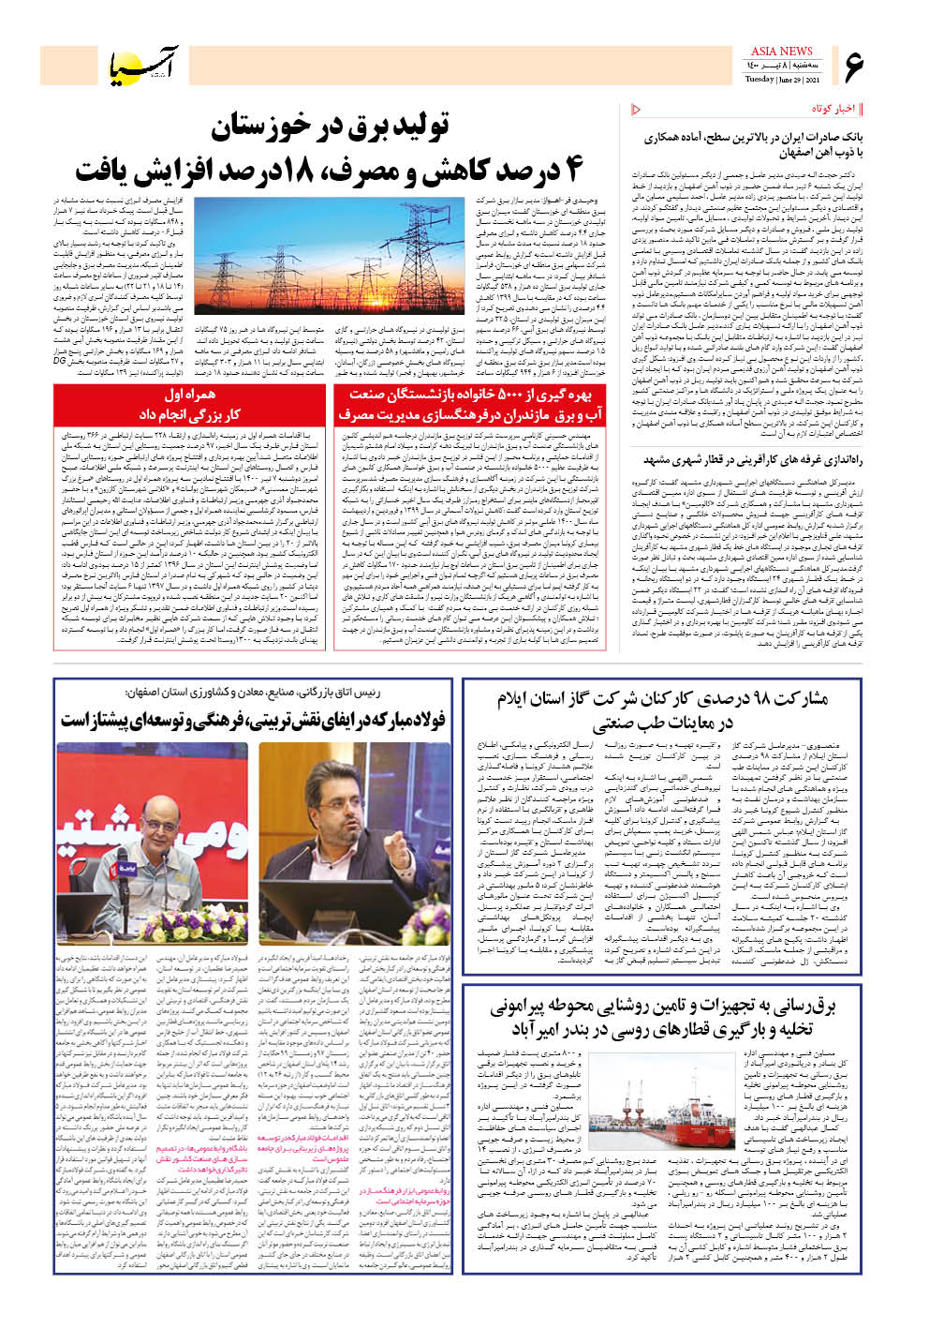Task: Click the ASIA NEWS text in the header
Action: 782,51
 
